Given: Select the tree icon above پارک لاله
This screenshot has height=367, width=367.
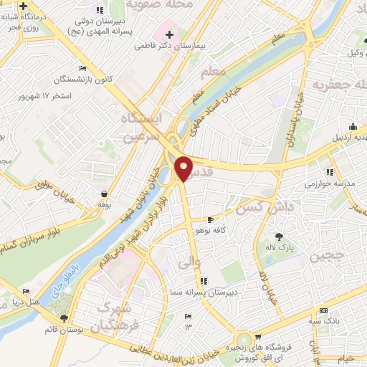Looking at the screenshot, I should pos(279,237).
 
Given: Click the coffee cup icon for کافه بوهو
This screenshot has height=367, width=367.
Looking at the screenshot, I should pos(210,220).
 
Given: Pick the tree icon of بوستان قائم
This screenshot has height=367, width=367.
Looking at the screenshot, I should pos(65,318).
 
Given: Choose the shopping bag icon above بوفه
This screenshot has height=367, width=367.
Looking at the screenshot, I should pos(105,194).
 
